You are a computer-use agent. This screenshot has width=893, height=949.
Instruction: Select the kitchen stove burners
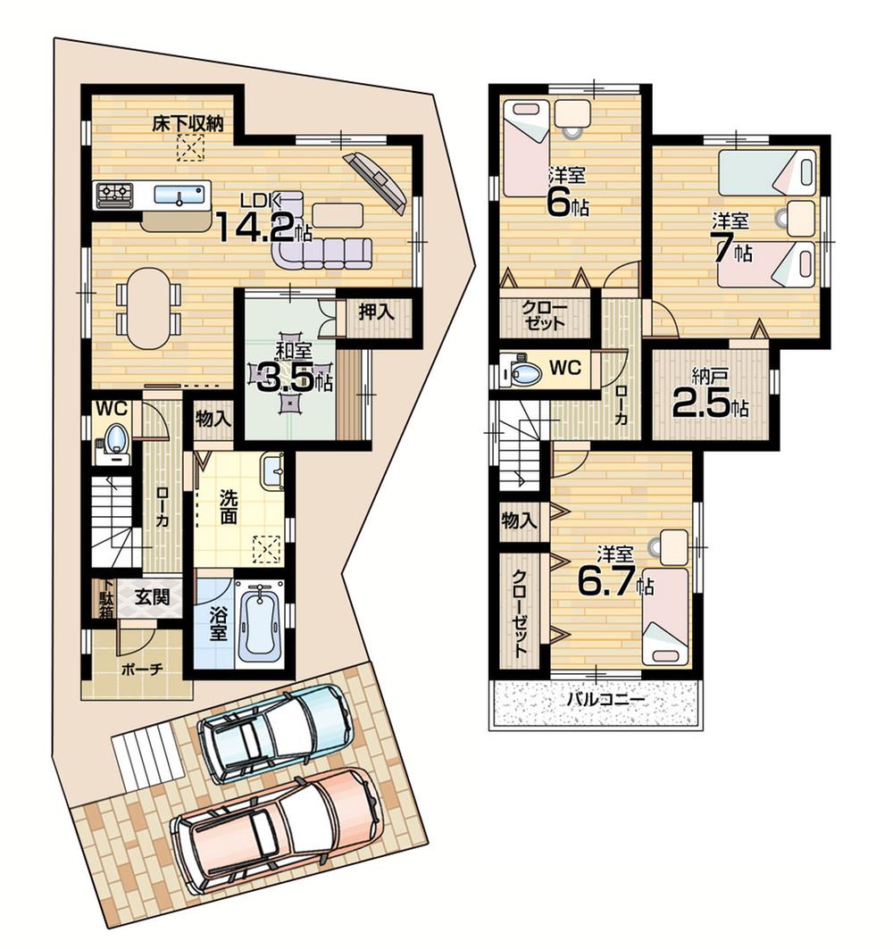[114, 193]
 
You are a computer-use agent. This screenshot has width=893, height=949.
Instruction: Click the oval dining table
[146, 309]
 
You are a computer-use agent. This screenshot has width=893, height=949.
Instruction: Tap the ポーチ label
[137, 670]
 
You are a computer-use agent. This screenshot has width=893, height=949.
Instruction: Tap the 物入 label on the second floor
[519, 520]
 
